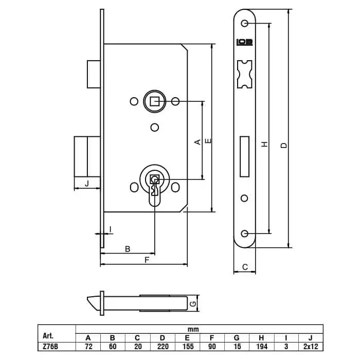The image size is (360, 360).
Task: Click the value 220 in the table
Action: point(163,347)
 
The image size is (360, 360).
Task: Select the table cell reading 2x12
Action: point(311,347)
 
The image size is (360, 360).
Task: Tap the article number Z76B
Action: point(50,347)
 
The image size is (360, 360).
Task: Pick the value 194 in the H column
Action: point(262,347)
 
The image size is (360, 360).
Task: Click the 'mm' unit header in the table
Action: point(193,330)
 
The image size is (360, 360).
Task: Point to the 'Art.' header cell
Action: point(48,336)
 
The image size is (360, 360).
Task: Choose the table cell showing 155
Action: point(188,347)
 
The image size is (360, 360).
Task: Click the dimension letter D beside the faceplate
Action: point(284,146)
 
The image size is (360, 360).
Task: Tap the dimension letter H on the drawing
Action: point(265,144)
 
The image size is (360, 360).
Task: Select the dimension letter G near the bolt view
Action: point(193,304)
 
